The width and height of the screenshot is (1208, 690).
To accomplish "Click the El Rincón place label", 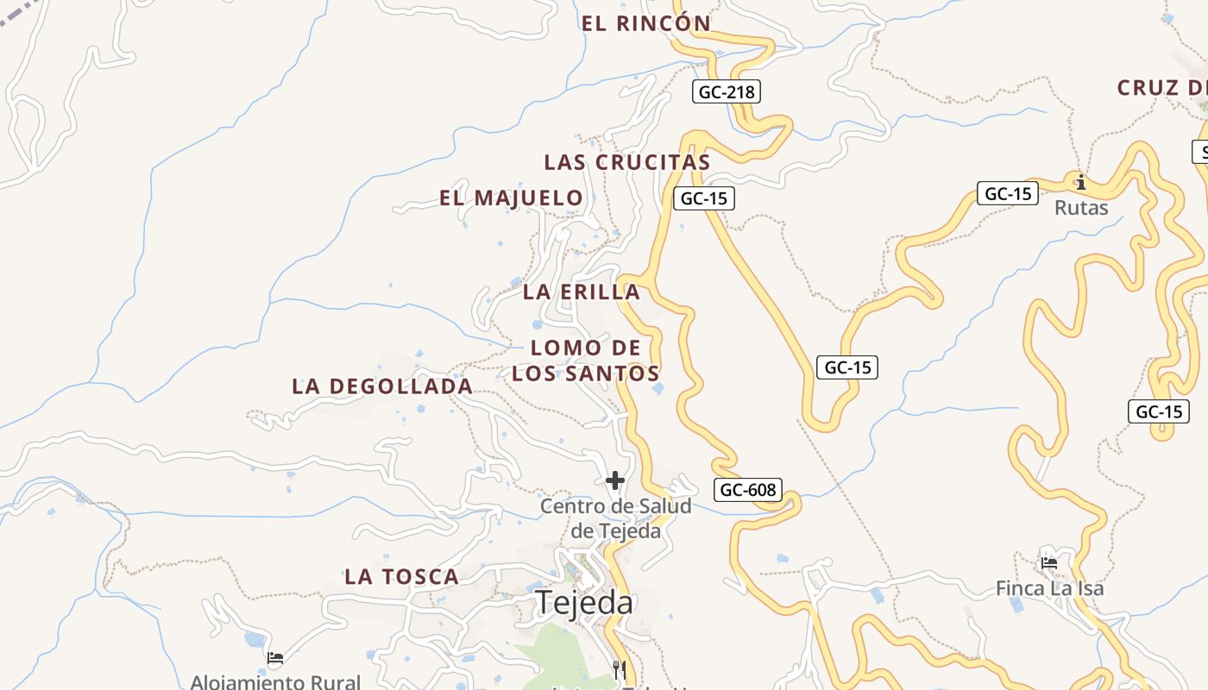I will [x=645, y=23].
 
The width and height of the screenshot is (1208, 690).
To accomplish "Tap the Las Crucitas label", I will [x=626, y=162].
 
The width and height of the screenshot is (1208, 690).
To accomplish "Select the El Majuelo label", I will [x=511, y=198].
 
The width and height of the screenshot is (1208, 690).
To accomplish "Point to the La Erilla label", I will [x=581, y=292].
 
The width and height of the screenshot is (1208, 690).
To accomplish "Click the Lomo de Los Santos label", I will [x=586, y=361].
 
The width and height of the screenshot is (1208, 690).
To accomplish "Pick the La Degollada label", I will [x=382, y=386].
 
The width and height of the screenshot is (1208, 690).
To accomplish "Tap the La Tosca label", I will [x=401, y=577].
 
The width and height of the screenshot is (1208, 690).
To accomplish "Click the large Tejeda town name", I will [x=584, y=602].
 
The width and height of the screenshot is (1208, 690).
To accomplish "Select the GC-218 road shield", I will [x=726, y=91].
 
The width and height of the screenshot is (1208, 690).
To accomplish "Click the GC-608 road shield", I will [x=748, y=490].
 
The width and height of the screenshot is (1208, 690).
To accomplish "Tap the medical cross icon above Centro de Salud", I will [x=615, y=480].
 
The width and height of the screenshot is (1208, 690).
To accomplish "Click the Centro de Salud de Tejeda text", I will [x=615, y=518].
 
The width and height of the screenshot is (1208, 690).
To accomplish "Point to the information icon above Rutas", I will [x=1080, y=182].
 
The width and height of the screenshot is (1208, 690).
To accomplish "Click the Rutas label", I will [x=1081, y=208].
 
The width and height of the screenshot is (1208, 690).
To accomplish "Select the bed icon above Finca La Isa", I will [x=1049, y=563].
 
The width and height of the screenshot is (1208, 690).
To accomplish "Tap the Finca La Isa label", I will [x=1049, y=588].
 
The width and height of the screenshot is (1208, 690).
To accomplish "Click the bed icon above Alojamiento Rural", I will [x=275, y=658].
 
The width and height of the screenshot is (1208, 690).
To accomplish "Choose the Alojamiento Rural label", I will [x=275, y=681].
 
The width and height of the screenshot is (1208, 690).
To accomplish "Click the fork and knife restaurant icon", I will [x=619, y=669].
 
